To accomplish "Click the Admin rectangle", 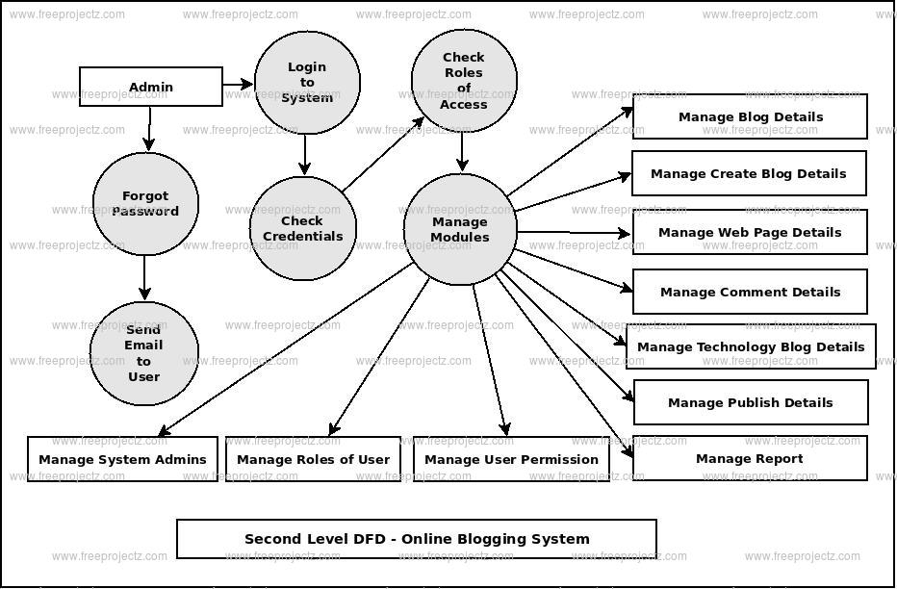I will (x=150, y=87).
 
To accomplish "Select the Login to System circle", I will (x=307, y=83).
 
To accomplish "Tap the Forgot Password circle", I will (x=145, y=204).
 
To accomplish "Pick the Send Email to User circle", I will (x=143, y=352).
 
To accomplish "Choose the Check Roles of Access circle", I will (x=463, y=81).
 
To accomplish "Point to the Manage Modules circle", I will (x=460, y=229).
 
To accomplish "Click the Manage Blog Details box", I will (x=750, y=116).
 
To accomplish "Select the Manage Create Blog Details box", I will (x=748, y=173).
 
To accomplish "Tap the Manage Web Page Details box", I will (x=749, y=232).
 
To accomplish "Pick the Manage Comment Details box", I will (x=750, y=292).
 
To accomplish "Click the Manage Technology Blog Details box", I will (x=751, y=346).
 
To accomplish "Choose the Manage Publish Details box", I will (x=750, y=402).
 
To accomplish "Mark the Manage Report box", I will (x=749, y=458).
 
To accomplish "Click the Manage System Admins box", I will (x=122, y=459).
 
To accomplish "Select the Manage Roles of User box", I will (x=313, y=459).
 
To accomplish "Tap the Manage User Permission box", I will (x=511, y=459).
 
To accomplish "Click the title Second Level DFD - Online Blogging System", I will (x=417, y=539).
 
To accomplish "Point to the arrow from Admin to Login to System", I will (x=238, y=85).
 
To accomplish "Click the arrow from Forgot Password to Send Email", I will (x=145, y=277).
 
